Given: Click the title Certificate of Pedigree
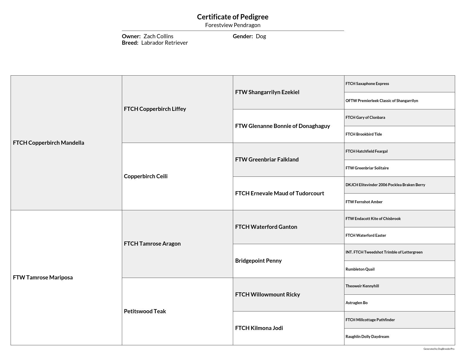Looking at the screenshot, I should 233,17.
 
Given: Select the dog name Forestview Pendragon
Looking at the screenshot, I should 233,25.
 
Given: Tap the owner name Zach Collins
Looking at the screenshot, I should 158,36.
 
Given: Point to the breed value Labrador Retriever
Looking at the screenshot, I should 164,43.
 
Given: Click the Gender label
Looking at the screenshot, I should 243,36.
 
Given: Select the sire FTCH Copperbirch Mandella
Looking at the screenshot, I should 49,143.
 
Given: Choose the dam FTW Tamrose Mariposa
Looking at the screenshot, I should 43,277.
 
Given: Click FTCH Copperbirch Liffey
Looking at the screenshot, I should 155,109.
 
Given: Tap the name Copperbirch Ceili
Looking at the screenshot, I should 146,176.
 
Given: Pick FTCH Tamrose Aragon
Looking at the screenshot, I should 152,244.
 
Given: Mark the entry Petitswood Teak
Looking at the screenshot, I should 145,311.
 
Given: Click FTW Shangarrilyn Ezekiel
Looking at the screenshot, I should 267,92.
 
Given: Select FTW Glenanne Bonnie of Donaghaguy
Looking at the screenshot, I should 282,126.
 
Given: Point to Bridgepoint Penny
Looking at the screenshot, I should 258,261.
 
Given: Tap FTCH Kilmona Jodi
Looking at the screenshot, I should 259,328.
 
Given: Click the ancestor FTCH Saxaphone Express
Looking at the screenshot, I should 367,84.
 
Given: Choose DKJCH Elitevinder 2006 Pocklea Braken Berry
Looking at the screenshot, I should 385,185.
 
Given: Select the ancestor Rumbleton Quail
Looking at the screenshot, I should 360,269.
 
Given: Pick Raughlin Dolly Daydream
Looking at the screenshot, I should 367,336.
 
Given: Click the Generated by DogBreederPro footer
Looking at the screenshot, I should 439,349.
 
